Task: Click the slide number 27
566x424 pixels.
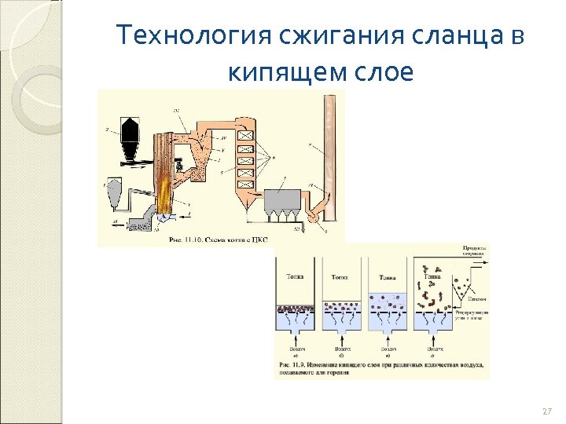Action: pyautogui.click(x=547, y=411)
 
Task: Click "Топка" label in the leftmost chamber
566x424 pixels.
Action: pyautogui.click(x=296, y=276)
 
